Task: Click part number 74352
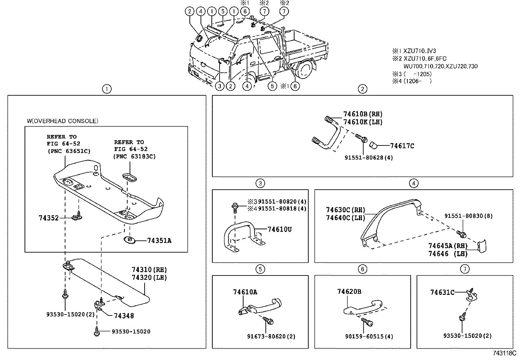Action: [48, 218]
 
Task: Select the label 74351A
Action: [159, 241]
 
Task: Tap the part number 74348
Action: [124, 316]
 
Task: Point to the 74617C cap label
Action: [402, 146]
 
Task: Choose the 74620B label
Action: [349, 292]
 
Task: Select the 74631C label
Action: [442, 293]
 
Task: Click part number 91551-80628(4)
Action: [368, 158]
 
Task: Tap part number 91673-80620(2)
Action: [271, 336]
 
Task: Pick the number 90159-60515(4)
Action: [369, 336]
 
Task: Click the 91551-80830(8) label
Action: [468, 216]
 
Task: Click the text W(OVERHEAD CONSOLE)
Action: [62, 121]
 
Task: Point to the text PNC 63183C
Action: [135, 157]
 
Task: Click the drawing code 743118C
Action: [504, 353]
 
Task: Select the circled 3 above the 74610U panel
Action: [260, 183]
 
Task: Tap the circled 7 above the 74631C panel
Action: [464, 269]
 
